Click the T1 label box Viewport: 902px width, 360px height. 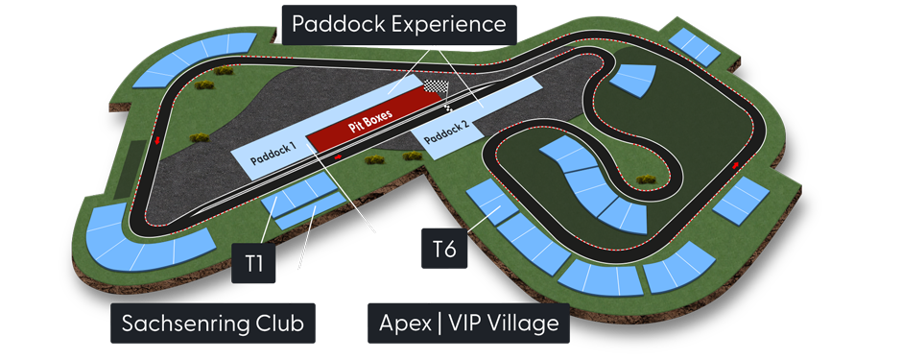[x=253, y=262]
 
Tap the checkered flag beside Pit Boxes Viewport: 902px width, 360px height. [x=437, y=88]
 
